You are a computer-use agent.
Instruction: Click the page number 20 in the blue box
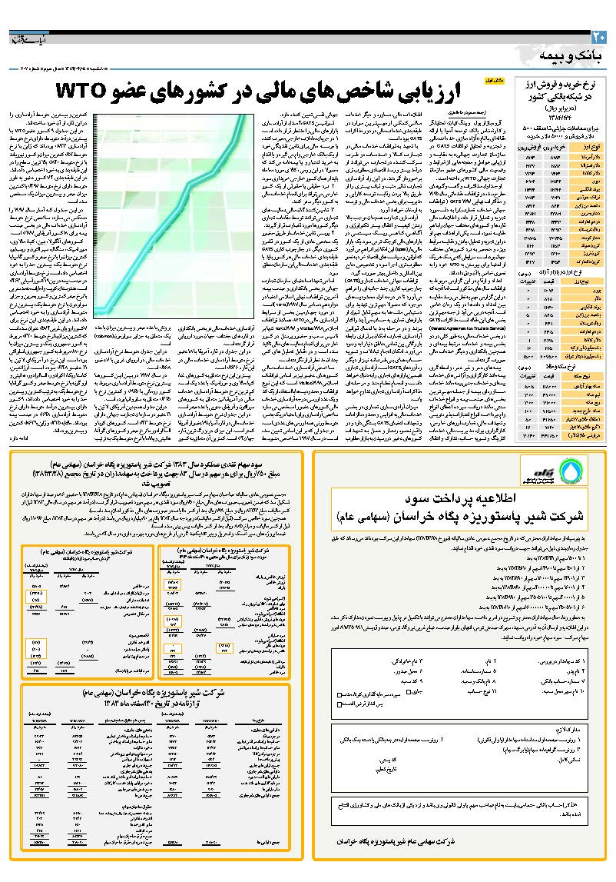click(x=599, y=37)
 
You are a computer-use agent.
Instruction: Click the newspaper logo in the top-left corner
click(x=31, y=39)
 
